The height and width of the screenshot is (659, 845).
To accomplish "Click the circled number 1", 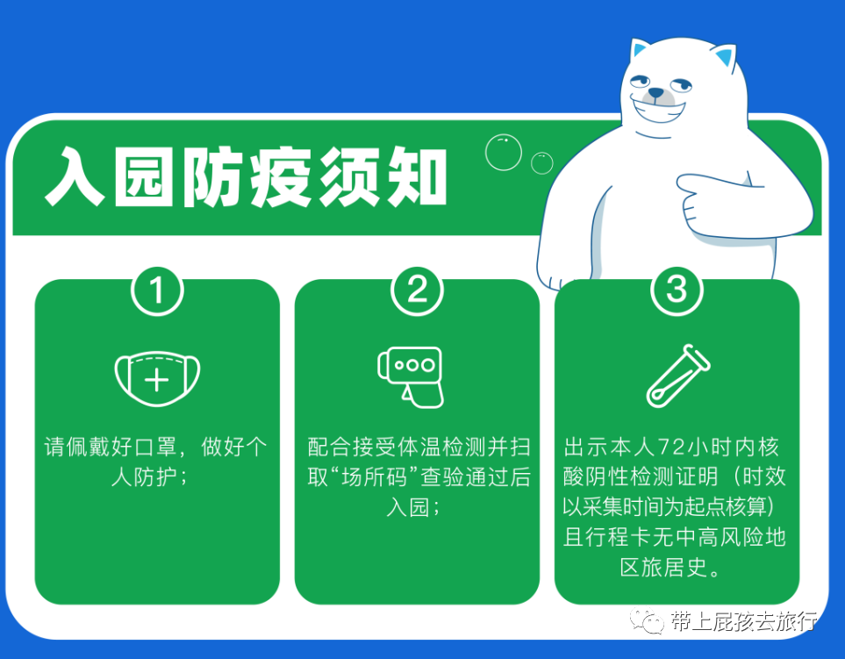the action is click(x=157, y=290).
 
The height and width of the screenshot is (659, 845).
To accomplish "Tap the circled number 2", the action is click(x=417, y=290).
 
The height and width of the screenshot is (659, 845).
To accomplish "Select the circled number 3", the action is click(x=677, y=290).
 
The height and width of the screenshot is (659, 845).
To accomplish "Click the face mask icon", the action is click(x=157, y=378).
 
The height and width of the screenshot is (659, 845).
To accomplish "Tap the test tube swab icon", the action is click(x=678, y=376).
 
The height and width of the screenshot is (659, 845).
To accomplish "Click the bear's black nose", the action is click(x=655, y=94).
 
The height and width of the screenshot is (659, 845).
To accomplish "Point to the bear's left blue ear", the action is click(x=639, y=49).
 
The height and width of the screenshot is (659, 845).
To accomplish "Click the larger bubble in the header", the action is click(x=504, y=153).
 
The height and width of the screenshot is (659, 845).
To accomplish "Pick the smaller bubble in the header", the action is click(x=541, y=163).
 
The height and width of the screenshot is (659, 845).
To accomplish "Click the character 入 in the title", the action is click(x=75, y=176).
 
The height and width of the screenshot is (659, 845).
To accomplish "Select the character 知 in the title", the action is click(x=417, y=176).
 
